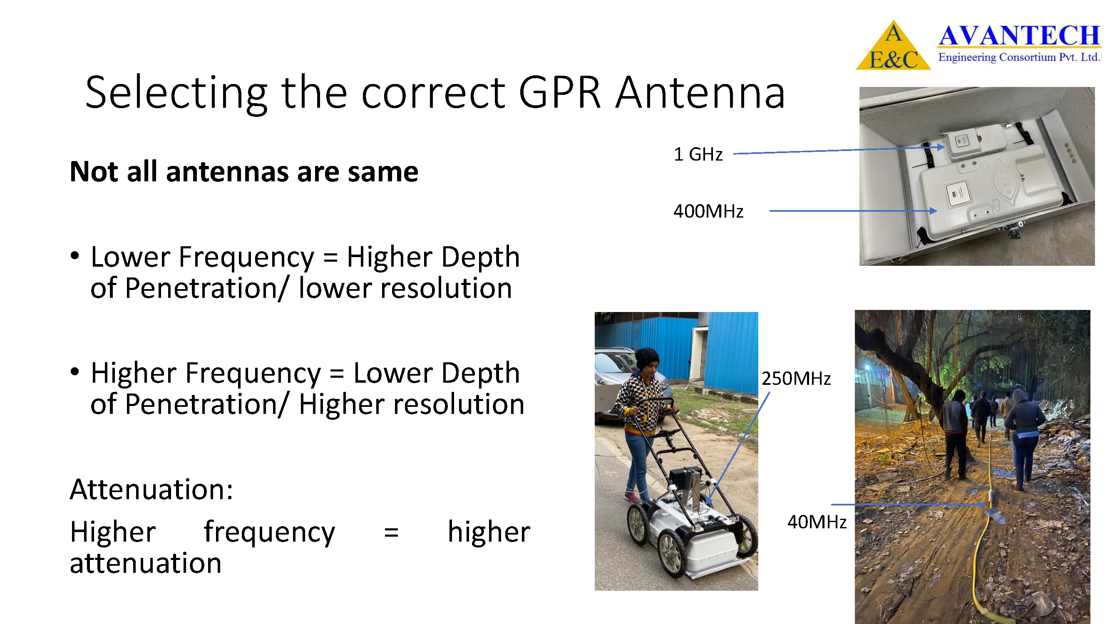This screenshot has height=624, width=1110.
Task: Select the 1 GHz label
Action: (698, 154)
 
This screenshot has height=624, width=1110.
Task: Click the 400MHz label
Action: (708, 211)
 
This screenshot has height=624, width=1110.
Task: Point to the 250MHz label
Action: (796, 379)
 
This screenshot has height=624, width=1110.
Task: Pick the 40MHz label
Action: (817, 522)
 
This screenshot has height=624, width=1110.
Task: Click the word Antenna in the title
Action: (700, 93)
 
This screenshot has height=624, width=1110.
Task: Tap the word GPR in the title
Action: (560, 93)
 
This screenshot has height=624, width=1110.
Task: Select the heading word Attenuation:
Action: (151, 490)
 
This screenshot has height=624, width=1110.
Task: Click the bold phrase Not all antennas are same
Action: (244, 172)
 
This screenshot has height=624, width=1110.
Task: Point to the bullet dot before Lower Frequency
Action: (75, 255)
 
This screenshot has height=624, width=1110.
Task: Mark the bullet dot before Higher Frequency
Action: (75, 371)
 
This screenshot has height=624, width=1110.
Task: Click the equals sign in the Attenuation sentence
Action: (391, 533)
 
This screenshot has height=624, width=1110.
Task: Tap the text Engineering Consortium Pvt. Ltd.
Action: (1019, 57)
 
